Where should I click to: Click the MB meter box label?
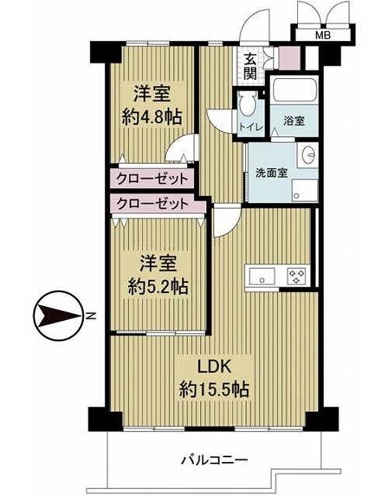click(323, 35)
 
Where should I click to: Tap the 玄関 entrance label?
click(250, 67)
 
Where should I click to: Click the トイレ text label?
click(251, 127)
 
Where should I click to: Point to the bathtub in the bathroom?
click(295, 90)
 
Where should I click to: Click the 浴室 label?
click(294, 121)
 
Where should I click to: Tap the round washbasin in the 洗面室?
click(309, 155)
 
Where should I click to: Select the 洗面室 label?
click(272, 173)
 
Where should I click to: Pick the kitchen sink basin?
click(262, 276)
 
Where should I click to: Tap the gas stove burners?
click(296, 276)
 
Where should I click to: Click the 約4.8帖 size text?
click(152, 117)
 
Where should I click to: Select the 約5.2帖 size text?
click(158, 287)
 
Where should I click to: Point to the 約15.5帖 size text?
click(214, 389)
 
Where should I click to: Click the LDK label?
click(213, 367)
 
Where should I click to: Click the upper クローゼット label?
click(152, 179)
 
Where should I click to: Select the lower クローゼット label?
click(152, 204)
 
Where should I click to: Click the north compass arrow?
click(58, 315)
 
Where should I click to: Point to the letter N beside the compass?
click(91, 315)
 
